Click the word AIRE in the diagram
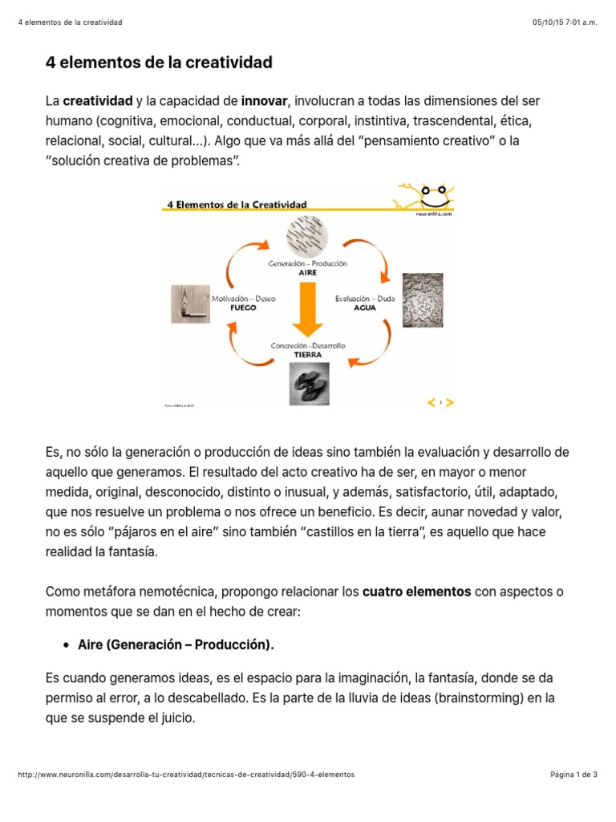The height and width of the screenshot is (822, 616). (x=307, y=272)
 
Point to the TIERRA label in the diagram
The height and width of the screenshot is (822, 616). (x=307, y=354)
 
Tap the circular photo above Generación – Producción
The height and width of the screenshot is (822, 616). (x=307, y=235)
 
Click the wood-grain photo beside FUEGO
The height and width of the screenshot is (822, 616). (x=189, y=304)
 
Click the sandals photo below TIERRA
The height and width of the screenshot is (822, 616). (x=308, y=383)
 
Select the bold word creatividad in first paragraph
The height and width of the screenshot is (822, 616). (x=98, y=101)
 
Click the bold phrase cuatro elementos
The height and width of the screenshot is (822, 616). (x=416, y=592)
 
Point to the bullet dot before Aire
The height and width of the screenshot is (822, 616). (x=66, y=645)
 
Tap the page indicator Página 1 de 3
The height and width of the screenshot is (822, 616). (x=573, y=775)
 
